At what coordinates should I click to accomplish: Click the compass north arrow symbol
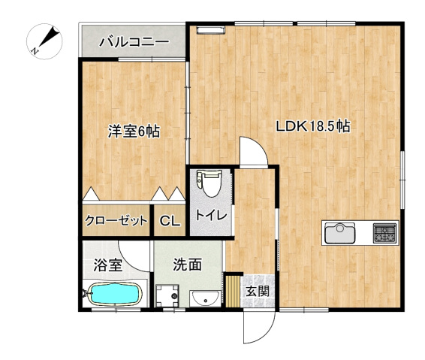pyautogui.click(x=46, y=41)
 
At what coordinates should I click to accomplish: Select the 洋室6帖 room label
pyautogui.click(x=133, y=131)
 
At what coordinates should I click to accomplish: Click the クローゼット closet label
pyautogui.click(x=116, y=221)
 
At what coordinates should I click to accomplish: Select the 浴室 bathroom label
pyautogui.click(x=107, y=265)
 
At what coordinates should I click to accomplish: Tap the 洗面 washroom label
pyautogui.click(x=188, y=265)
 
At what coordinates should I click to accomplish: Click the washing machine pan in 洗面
pyautogui.click(x=168, y=296)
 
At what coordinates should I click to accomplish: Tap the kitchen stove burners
pyautogui.click(x=384, y=233)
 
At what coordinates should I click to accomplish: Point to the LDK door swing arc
pyautogui.click(x=254, y=150)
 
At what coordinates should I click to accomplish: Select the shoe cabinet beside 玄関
pyautogui.click(x=233, y=292)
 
